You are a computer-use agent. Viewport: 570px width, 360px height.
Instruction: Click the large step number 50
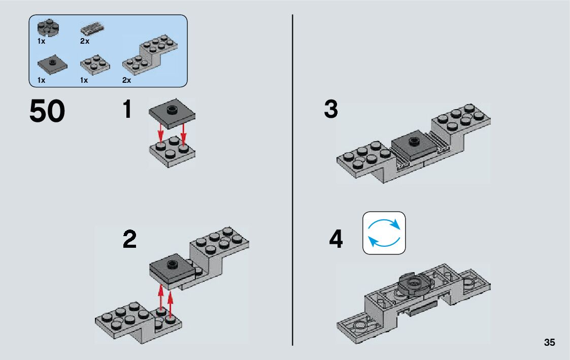[47, 112]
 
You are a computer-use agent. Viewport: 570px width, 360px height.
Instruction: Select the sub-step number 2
[129, 240]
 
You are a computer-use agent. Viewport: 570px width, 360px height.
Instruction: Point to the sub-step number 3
[330, 110]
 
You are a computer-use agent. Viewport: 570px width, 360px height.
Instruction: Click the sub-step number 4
[336, 240]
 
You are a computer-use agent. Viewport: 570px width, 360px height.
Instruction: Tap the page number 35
[549, 342]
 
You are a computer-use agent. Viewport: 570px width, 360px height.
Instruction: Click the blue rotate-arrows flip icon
[384, 233]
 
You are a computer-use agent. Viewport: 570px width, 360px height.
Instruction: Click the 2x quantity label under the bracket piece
[126, 80]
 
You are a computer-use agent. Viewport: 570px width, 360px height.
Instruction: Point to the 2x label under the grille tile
[84, 41]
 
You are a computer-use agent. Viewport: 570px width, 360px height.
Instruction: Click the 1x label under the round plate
[41, 41]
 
